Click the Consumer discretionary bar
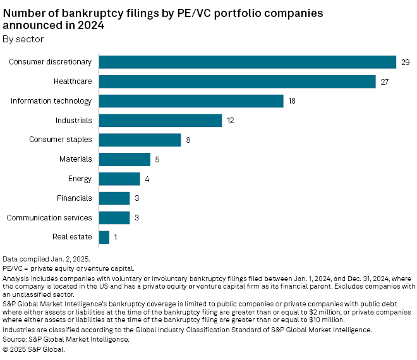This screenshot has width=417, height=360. (248, 62)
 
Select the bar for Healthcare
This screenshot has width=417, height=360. (238, 81)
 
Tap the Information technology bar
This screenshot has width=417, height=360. (191, 101)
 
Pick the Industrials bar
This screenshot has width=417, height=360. (160, 121)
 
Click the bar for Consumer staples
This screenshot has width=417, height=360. (140, 140)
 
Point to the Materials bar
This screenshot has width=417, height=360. (124, 160)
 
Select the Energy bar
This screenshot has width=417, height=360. (119, 179)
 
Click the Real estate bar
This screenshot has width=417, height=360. (104, 237)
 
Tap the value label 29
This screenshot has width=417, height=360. (406, 62)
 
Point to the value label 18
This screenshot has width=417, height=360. (293, 101)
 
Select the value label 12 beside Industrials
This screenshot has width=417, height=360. (231, 121)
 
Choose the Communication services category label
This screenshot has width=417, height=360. (49, 218)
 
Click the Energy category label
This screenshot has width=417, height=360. (80, 179)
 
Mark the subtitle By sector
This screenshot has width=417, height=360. (23, 39)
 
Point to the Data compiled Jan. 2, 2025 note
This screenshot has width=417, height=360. (46, 259)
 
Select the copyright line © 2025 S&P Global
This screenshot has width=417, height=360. (33, 349)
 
